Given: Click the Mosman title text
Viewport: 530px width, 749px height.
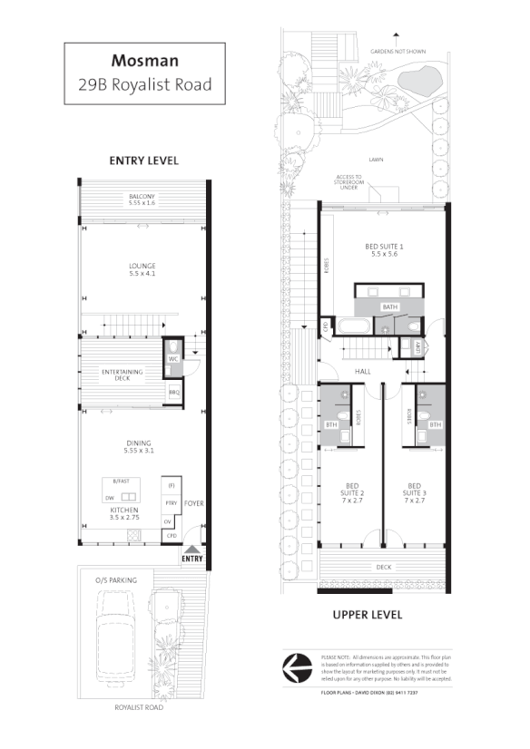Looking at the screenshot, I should click(144, 61).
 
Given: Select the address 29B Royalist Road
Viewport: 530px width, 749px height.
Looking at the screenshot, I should click(144, 84).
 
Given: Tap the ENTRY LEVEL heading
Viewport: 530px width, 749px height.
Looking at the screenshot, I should click(143, 160).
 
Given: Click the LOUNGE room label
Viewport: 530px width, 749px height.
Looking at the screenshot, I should click(143, 267).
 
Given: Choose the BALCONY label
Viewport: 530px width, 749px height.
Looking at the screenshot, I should click(142, 197).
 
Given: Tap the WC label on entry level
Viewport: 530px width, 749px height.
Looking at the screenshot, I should click(172, 359).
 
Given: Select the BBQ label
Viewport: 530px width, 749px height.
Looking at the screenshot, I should click(172, 393).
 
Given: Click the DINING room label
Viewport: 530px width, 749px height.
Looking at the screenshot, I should click(138, 443).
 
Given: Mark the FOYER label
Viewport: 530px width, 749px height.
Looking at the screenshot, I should click(193, 501).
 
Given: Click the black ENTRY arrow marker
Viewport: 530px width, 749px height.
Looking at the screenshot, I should click(192, 550).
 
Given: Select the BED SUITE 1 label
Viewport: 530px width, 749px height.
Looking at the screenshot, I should click(384, 246).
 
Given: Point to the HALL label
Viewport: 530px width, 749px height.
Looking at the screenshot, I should click(364, 372).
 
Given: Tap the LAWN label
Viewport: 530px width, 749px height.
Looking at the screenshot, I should click(376, 160).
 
